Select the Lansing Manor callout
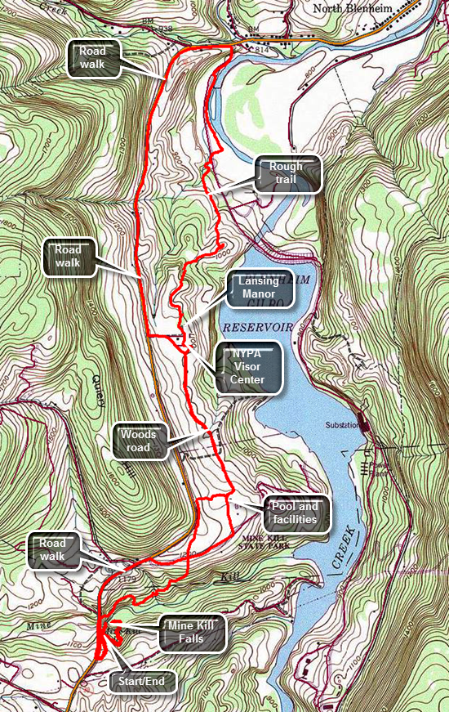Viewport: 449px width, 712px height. [x=258, y=289]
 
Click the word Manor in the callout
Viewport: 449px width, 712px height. [x=258, y=296]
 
